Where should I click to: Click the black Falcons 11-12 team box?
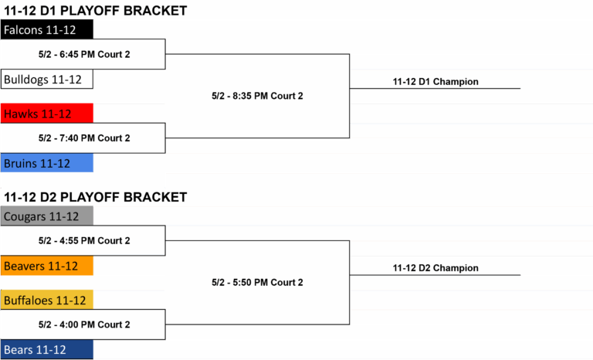click(x=47, y=29)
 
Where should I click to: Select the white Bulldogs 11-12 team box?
click(x=47, y=79)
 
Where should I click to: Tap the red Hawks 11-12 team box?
click(x=47, y=114)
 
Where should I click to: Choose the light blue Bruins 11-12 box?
click(x=47, y=163)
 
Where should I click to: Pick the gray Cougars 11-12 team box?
click(x=47, y=216)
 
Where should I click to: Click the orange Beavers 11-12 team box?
click(x=47, y=265)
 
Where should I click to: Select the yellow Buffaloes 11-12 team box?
click(x=47, y=300)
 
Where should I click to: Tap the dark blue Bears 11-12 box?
click(x=47, y=349)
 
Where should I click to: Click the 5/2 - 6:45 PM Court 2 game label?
click(x=84, y=55)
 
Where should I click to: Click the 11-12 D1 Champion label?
click(x=435, y=82)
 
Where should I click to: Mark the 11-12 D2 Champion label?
click(x=435, y=268)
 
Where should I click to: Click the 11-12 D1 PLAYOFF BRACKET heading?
click(x=95, y=11)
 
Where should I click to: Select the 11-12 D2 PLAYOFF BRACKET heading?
click(x=95, y=197)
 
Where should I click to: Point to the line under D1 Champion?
click(x=435, y=89)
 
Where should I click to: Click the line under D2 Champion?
click(x=435, y=275)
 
